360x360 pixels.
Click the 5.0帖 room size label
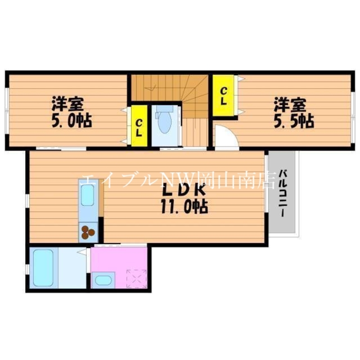(x=72, y=121)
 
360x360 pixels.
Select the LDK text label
(x=182, y=190)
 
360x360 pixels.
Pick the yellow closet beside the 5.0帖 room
(x=139, y=126)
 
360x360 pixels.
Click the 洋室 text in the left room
(x=68, y=104)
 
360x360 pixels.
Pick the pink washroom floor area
(x=119, y=259)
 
